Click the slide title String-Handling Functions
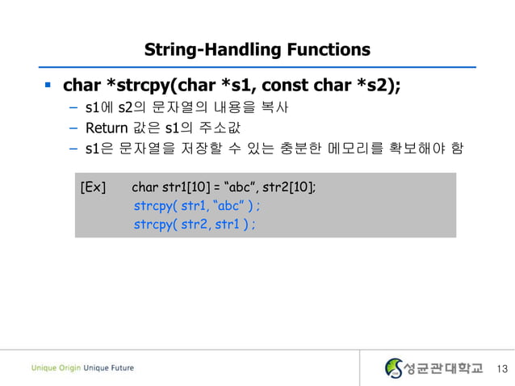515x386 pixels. tap(257, 49)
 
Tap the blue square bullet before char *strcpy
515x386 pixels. tap(48, 84)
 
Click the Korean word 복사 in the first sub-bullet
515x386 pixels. tap(273, 107)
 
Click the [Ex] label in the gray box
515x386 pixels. tap(93, 188)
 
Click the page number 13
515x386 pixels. tap(503, 369)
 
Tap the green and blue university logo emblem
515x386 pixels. tap(394, 368)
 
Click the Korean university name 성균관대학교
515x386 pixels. tap(442, 368)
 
